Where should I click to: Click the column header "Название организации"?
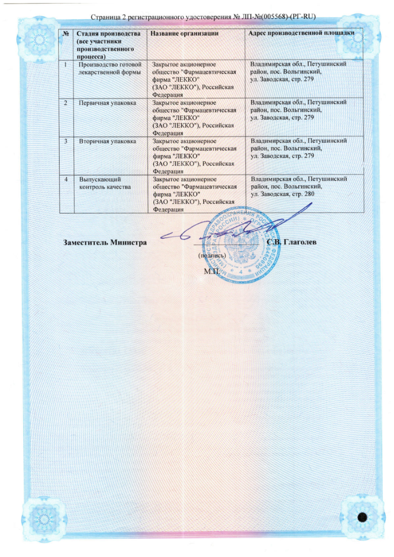(182, 33)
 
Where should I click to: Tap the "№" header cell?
(66, 33)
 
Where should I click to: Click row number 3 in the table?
(66, 141)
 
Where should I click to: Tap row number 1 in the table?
(66, 64)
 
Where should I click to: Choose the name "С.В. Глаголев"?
(291, 242)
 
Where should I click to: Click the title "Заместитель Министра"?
(106, 243)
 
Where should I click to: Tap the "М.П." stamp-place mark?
(210, 271)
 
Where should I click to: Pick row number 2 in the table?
(66, 102)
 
